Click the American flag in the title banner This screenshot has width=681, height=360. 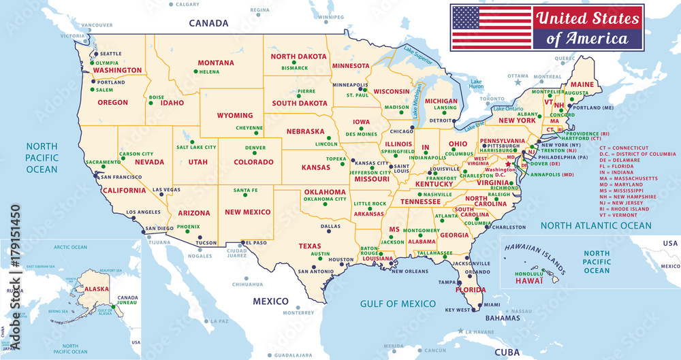[x=492, y=27]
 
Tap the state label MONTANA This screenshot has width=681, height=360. [x=216, y=63]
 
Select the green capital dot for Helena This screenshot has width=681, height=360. [x=195, y=71]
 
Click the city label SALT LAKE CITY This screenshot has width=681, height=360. [x=196, y=147]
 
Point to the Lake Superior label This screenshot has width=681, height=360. [x=418, y=52]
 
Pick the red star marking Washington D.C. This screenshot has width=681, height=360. [x=507, y=164]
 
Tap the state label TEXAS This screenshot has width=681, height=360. [x=309, y=246]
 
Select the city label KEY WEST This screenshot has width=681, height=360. [x=458, y=310]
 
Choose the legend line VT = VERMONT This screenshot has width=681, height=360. [x=624, y=214]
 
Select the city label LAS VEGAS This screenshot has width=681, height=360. [x=166, y=190]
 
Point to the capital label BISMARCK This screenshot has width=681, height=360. [x=295, y=68]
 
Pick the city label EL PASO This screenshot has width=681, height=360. [x=256, y=242]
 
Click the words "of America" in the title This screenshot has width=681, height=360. [x=587, y=39]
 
